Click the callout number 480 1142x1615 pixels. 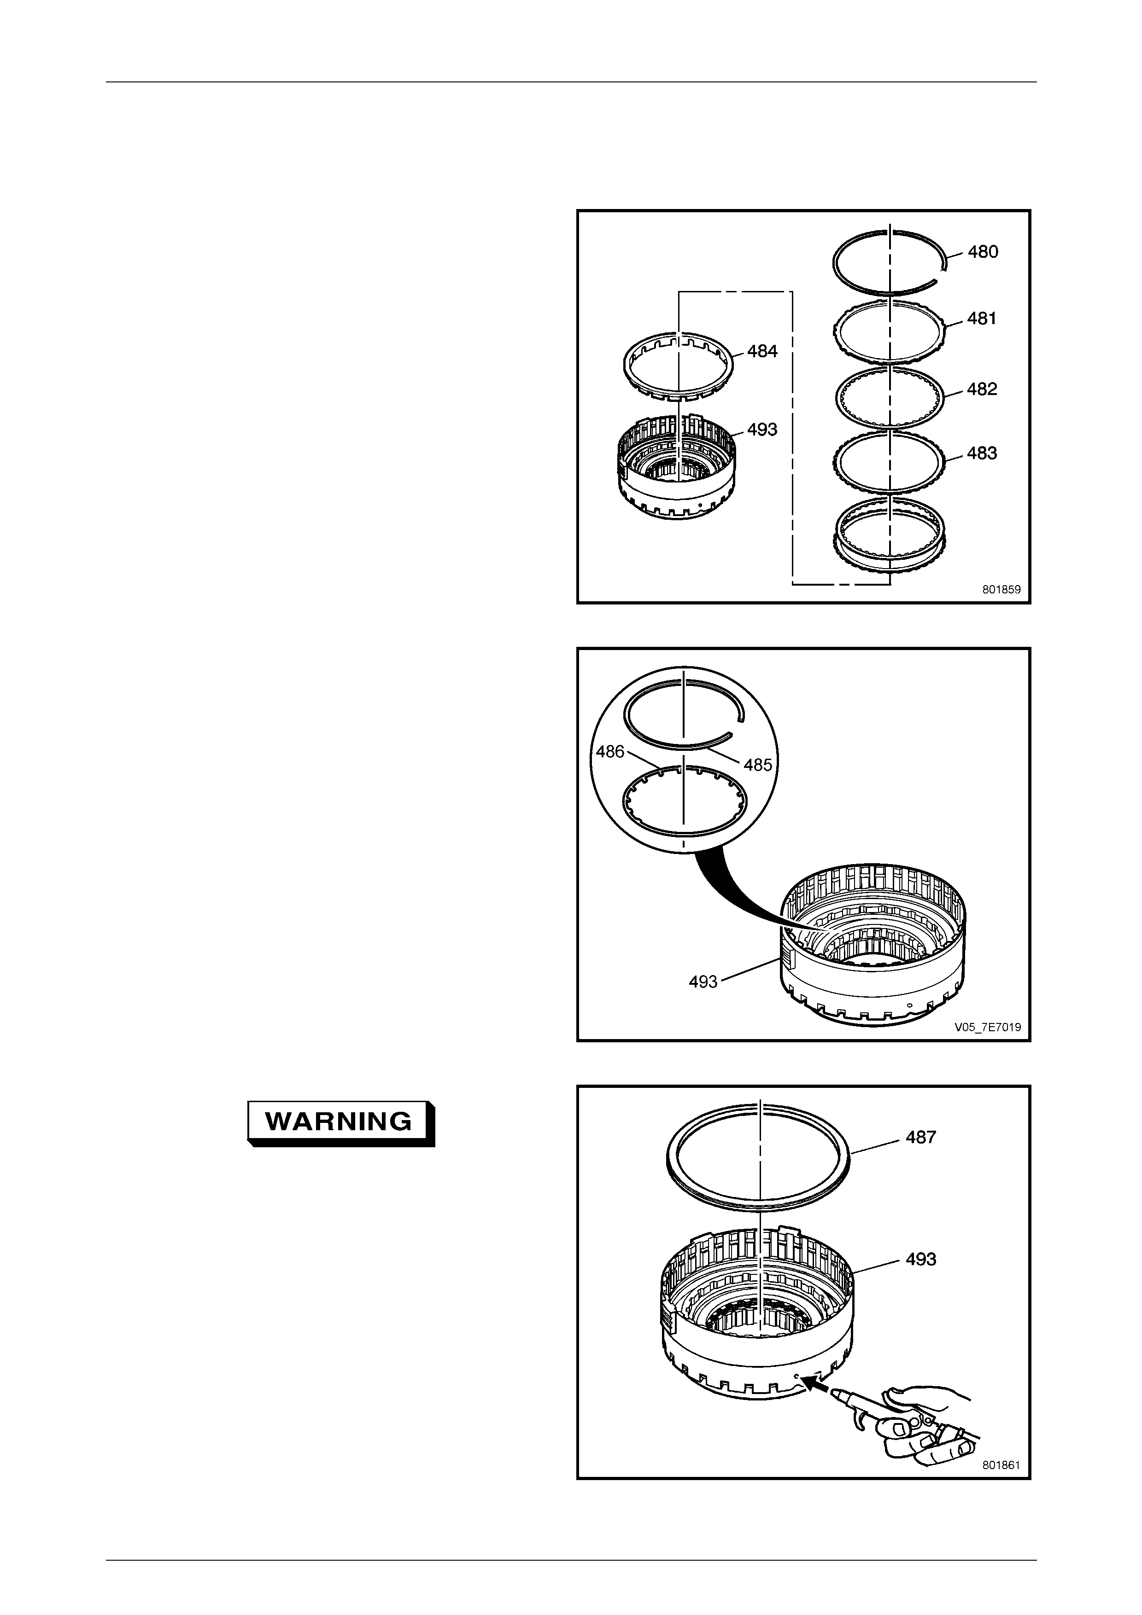pos(983,252)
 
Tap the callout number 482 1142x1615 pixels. pos(982,389)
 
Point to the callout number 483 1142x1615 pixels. pos(982,453)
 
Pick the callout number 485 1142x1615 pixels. pos(758,765)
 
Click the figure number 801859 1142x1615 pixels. pos(1001,590)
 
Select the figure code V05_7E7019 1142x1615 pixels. pos(987,1028)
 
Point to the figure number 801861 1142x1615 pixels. pos(1001,1465)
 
